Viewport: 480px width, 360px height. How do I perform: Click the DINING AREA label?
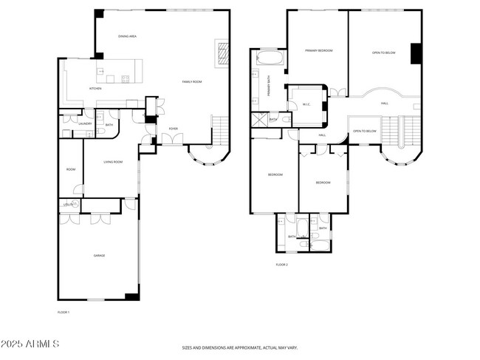tap(128, 36)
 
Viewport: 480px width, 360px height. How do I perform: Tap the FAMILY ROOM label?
tap(192, 81)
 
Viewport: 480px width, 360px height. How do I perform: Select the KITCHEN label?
tap(95, 89)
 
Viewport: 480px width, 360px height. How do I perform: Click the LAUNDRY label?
tap(85, 123)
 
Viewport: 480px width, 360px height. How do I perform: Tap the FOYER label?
tap(173, 129)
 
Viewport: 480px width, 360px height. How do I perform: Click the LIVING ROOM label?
tap(113, 161)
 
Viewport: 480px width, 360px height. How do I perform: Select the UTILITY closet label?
tap(68, 204)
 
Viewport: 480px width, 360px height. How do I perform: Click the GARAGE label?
tap(99, 255)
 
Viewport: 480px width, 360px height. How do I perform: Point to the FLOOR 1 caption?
tap(64, 313)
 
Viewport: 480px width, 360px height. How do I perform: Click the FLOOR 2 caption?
tap(281, 264)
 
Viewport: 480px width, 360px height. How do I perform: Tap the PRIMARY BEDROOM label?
tap(318, 50)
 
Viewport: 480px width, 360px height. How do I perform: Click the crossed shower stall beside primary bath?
tap(259, 120)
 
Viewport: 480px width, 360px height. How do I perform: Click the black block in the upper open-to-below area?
tap(415, 54)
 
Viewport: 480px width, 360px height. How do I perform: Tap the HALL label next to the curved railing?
tap(385, 103)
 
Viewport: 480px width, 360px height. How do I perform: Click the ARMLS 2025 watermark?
tap(30, 344)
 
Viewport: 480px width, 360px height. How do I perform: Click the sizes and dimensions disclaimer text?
tap(239, 347)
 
